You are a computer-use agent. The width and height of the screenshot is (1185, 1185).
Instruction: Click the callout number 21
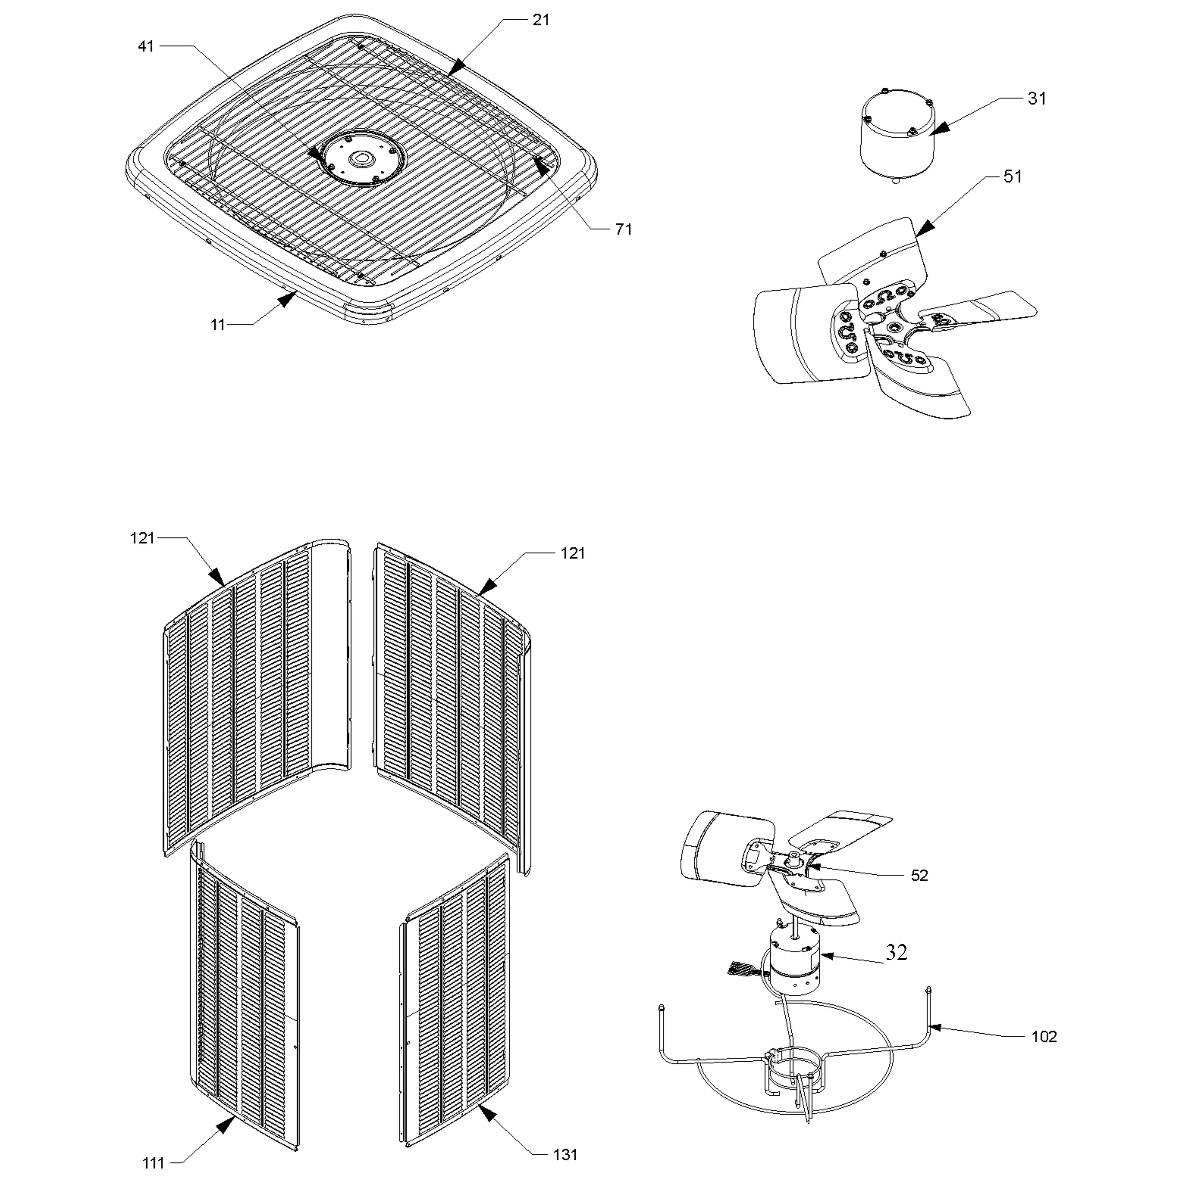pyautogui.click(x=540, y=20)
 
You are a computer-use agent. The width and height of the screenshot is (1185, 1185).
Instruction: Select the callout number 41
pyautogui.click(x=146, y=46)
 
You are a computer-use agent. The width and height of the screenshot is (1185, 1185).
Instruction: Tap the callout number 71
pyautogui.click(x=623, y=229)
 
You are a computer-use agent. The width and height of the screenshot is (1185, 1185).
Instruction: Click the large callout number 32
pyautogui.click(x=896, y=952)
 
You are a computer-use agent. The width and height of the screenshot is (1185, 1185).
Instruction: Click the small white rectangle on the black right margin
pyautogui.click(x=1102, y=757)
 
